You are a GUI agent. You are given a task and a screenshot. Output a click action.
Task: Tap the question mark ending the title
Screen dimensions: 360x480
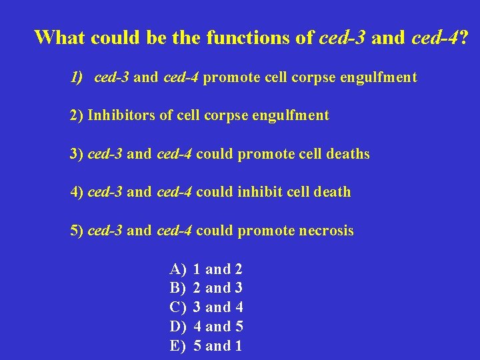point(463,37)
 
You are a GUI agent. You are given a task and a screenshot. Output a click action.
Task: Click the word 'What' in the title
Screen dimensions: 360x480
point(59,37)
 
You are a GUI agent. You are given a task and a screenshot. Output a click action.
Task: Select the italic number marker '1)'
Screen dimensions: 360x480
point(77,77)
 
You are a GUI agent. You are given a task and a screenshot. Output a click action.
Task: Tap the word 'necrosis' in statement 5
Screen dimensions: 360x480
point(327,231)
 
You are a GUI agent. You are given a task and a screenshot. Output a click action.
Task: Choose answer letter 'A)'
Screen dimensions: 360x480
point(178,270)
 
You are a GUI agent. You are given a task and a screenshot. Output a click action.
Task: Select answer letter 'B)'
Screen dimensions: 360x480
point(178,289)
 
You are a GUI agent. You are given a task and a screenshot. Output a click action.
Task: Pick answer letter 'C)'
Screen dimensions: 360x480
point(178,307)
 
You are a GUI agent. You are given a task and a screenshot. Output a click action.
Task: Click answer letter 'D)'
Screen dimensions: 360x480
point(178,327)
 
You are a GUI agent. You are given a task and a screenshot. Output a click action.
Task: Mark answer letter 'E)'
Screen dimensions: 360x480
point(178,346)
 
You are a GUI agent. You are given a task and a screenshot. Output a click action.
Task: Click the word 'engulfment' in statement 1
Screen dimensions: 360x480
point(378,78)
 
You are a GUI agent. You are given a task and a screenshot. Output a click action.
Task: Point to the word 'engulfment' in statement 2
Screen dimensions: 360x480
point(290,116)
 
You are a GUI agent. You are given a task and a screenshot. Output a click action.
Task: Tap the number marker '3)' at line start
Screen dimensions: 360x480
point(77,154)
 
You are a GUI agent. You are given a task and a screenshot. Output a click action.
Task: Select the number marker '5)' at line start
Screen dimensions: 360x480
point(77,231)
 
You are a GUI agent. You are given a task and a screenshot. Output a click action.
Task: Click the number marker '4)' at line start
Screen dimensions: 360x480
point(77,193)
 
